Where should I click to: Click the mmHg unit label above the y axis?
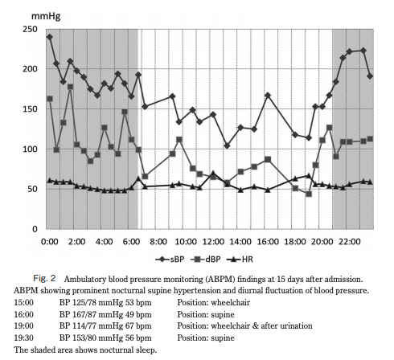[x=46, y=16]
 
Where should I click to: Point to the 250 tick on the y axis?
[x=30, y=29]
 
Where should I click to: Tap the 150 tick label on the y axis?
[x=30, y=109]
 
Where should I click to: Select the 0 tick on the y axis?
[x=35, y=229]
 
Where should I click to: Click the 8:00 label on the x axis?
[x=158, y=242]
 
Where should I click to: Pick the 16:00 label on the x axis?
[x=268, y=242]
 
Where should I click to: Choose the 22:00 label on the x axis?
[x=349, y=242]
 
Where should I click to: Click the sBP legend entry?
[x=170, y=260]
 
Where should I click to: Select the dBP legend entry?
[x=206, y=260]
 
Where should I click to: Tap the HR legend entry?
[x=240, y=260]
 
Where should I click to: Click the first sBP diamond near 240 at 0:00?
[x=50, y=37]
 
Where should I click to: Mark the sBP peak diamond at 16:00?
[x=268, y=96]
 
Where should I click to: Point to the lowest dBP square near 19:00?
[x=309, y=194]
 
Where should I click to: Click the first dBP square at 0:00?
[x=50, y=99]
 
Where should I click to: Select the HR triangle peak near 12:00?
[x=213, y=173]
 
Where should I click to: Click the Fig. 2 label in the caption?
[x=44, y=278]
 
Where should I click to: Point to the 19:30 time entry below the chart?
[x=24, y=337]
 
